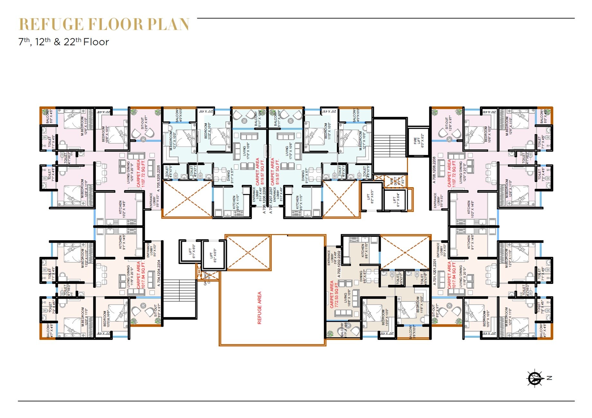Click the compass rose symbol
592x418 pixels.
[535, 378]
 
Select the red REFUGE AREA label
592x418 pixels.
[259, 308]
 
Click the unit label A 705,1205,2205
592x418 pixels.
[158, 178]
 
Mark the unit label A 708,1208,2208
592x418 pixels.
[434, 170]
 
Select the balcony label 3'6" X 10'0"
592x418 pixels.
[412, 332]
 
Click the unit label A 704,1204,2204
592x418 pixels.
[158, 273]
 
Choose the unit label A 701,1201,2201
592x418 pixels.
[434, 273]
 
